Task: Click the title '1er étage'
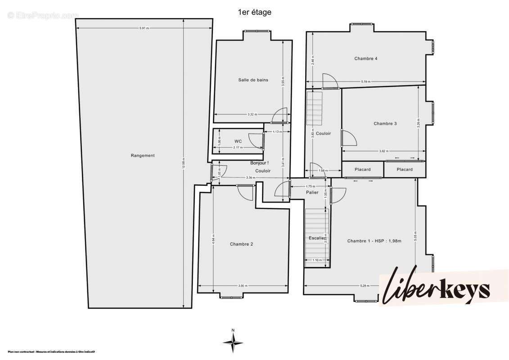click(254, 13)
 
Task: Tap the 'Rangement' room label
click(143, 156)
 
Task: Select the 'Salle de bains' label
click(253, 80)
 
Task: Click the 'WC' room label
click(238, 141)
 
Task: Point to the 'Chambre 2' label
click(241, 244)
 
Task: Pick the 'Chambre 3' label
click(385, 123)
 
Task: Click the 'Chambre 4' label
click(365, 58)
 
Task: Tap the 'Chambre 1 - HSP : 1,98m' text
click(374, 241)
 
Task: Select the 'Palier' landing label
click(312, 193)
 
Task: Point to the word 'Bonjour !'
click(259, 163)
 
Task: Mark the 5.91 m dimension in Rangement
click(144, 28)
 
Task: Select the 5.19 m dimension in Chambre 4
click(366, 81)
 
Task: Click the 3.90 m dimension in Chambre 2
click(243, 286)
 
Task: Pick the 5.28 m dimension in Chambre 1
click(365, 286)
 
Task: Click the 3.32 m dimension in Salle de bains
click(252, 114)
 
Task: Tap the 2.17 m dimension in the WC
click(238, 148)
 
